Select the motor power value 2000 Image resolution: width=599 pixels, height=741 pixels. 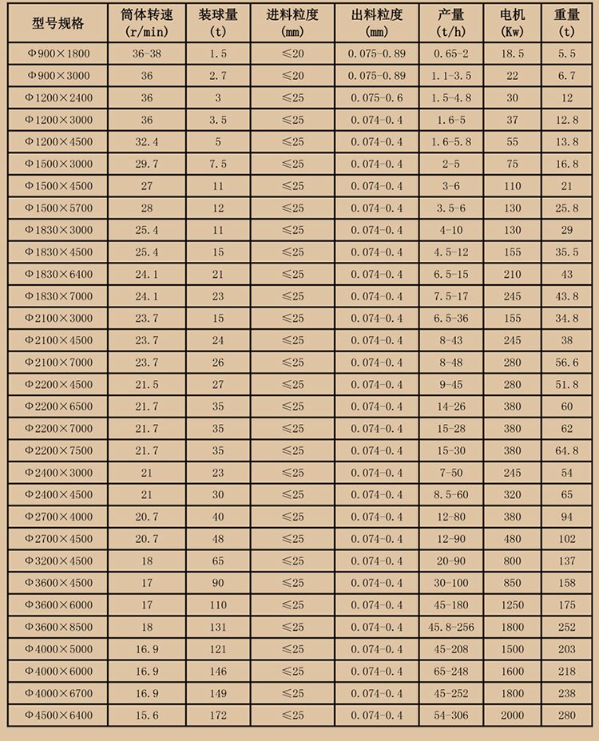coord(513,715)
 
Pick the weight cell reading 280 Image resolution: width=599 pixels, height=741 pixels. coord(568,715)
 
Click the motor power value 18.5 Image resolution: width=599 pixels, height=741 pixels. coord(513,53)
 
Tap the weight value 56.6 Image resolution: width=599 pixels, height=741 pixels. coord(568,363)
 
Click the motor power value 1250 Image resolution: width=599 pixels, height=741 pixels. coord(513,604)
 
